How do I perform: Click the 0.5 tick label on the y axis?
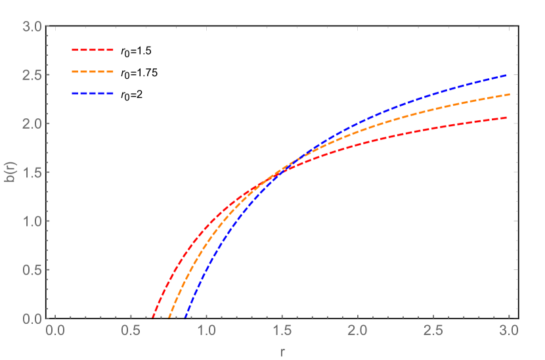tap(33, 270)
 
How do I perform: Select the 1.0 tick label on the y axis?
tap(33, 221)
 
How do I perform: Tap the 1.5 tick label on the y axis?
tap(33, 173)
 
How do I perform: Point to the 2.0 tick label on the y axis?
tap(33, 124)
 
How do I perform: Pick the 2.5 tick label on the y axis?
tap(33, 76)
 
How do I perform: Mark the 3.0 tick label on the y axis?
tap(33, 27)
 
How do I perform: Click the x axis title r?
tap(282, 351)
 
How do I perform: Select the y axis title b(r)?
tap(12, 172)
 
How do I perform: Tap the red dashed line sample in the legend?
tap(93, 49)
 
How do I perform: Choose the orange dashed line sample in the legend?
tap(93, 71)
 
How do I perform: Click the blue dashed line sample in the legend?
tap(93, 93)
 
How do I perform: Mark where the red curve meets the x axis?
tap(153, 318)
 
